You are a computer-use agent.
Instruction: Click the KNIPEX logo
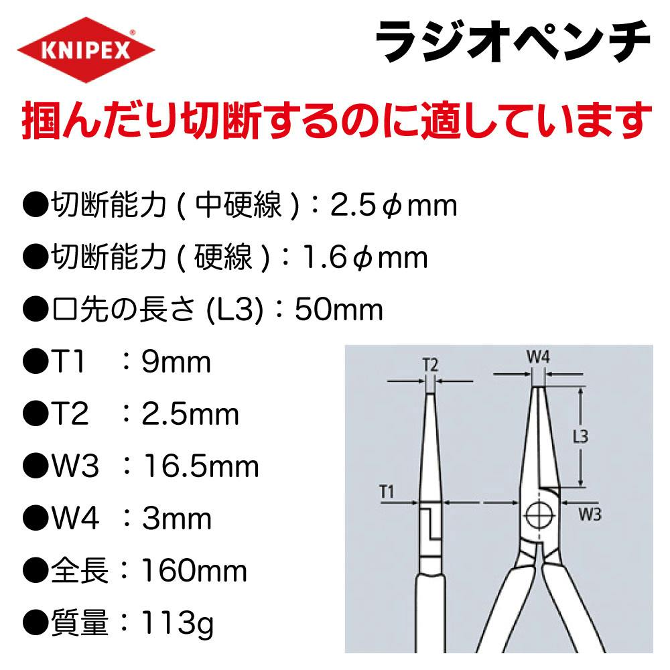[x=86, y=50]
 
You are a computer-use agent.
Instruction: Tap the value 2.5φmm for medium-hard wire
[x=393, y=206]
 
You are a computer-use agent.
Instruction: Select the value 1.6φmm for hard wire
[x=365, y=258]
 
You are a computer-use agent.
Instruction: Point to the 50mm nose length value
[x=339, y=310]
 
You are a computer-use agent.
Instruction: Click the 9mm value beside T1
[x=176, y=362]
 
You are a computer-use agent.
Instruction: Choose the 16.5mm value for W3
[x=201, y=466]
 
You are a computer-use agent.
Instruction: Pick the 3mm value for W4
[x=177, y=519]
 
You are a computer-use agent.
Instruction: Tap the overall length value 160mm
[x=194, y=571]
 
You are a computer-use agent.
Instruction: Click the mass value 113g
[x=177, y=623]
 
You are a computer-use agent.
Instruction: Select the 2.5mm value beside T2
[x=190, y=415]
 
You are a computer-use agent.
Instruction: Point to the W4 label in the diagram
[x=539, y=356]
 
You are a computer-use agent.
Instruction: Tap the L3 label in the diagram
[x=580, y=436]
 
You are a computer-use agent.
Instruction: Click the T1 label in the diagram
[x=387, y=492]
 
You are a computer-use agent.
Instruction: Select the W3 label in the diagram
[x=590, y=514]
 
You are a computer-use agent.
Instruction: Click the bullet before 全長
[x=35, y=572]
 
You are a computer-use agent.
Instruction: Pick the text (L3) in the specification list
[x=234, y=310]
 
